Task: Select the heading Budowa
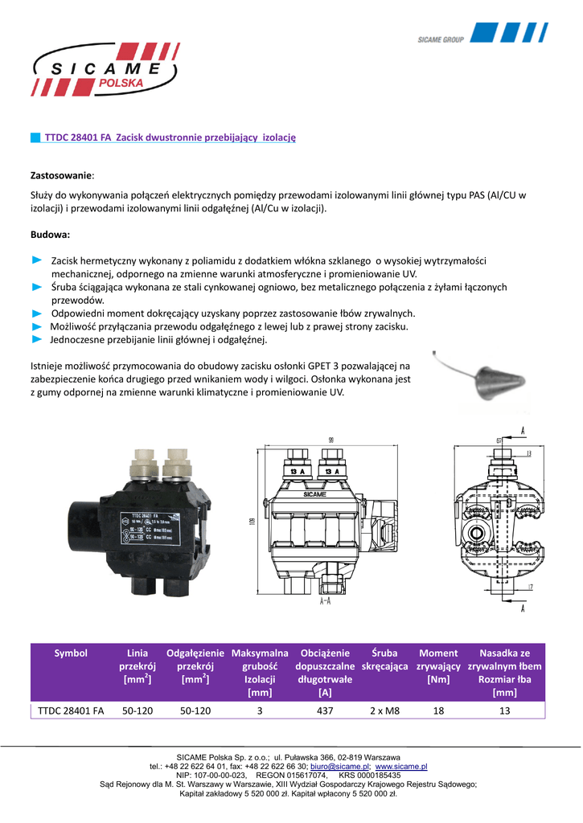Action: tap(50, 235)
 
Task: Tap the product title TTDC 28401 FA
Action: tap(78, 138)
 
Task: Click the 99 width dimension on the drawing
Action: tap(331, 440)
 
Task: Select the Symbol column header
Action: tap(71, 653)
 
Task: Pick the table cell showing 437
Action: tap(325, 710)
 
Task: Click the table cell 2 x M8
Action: tap(385, 710)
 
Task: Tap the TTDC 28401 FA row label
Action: tap(71, 710)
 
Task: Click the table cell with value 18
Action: tap(438, 710)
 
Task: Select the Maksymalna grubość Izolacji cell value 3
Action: tap(260, 710)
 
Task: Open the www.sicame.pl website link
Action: tap(401, 768)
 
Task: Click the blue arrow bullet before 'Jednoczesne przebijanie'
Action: tap(36, 340)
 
